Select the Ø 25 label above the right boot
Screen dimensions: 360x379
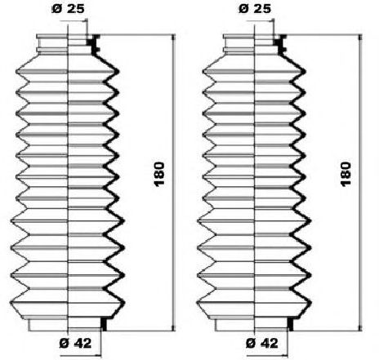(254, 11)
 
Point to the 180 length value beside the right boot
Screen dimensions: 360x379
(346, 173)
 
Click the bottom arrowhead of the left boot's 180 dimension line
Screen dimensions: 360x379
(172, 327)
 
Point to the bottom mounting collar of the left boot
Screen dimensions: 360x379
(67, 324)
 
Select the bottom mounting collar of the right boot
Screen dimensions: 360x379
(254, 324)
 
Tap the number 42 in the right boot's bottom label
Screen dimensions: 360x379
(269, 343)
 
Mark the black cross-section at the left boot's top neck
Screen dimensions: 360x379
(95, 46)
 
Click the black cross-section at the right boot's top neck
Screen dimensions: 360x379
(282, 46)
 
